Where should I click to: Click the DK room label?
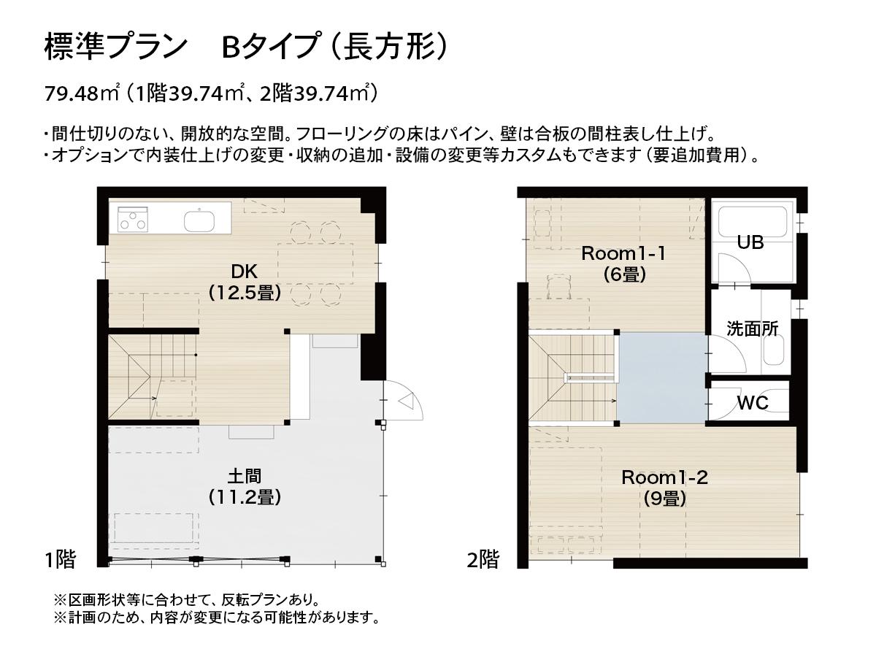tap(244, 272)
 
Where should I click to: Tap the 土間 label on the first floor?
tap(244, 477)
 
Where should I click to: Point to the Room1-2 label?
tap(664, 477)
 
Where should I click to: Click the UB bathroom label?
tap(750, 242)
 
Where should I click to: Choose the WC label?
tap(752, 402)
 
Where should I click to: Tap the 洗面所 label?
tap(752, 328)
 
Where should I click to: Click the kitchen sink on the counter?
tap(199, 220)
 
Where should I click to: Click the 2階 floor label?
tap(483, 560)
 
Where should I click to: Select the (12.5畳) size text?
tap(244, 293)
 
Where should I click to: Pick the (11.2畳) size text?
tap(244, 498)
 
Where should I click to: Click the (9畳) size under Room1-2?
tap(664, 499)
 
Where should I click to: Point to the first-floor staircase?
tap(153, 375)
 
